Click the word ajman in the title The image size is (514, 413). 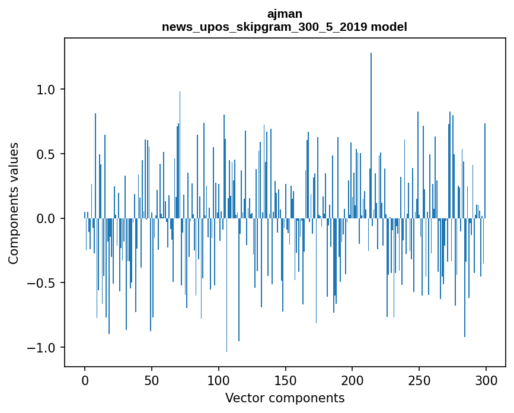click(x=285, y=14)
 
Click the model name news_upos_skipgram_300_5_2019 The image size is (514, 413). click(x=264, y=27)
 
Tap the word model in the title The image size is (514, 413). click(x=389, y=27)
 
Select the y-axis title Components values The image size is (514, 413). click(x=14, y=204)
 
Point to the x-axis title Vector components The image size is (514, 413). click(x=285, y=398)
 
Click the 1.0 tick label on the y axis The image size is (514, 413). click(x=46, y=90)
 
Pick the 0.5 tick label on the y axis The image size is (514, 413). click(x=46, y=154)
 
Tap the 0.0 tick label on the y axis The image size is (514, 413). click(x=46, y=218)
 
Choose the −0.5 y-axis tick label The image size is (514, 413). click(x=41, y=283)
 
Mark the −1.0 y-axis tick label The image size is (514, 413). click(x=41, y=347)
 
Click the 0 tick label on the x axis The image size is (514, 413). click(x=85, y=380)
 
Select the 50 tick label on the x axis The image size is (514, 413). click(x=151, y=380)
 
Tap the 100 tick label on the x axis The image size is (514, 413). click(x=218, y=380)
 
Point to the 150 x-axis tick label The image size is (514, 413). click(x=285, y=380)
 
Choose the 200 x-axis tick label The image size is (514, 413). click(x=352, y=380)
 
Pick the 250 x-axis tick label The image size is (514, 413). click(x=419, y=380)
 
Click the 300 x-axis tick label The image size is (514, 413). click(x=486, y=380)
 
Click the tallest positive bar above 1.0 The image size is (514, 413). click(x=371, y=135)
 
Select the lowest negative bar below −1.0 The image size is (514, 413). click(x=226, y=285)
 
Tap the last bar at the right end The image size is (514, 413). click(x=485, y=171)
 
